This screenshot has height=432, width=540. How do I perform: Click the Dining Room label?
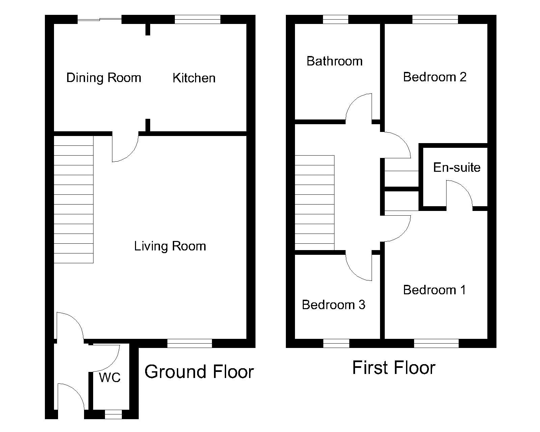pos(104,78)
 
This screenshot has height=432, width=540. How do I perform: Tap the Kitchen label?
pos(194,78)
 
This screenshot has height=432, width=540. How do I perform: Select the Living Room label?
pos(170,246)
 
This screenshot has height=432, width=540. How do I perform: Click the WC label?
pos(110,377)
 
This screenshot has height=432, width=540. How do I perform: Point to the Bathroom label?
pos(334,61)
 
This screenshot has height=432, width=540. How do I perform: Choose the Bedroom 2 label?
pos(435,77)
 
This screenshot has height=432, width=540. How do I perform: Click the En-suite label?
pos(457,167)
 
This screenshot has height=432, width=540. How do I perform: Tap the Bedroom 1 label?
pos(435,290)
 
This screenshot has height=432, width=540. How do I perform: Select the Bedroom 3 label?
pos(333,305)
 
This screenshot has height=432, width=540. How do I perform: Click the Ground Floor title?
pos(199,372)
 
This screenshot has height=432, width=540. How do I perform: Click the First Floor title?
pos(394,368)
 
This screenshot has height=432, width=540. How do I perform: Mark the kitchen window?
pos(197,19)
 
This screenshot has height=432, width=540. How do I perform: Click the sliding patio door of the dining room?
pos(100,19)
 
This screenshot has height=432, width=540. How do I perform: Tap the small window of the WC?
pos(113,414)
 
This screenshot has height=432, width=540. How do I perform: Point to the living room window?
pos(190,343)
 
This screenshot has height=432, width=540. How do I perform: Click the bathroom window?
pos(336,19)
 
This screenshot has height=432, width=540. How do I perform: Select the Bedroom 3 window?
pos(336,343)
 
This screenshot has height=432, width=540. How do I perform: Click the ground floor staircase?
pos(74,199)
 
